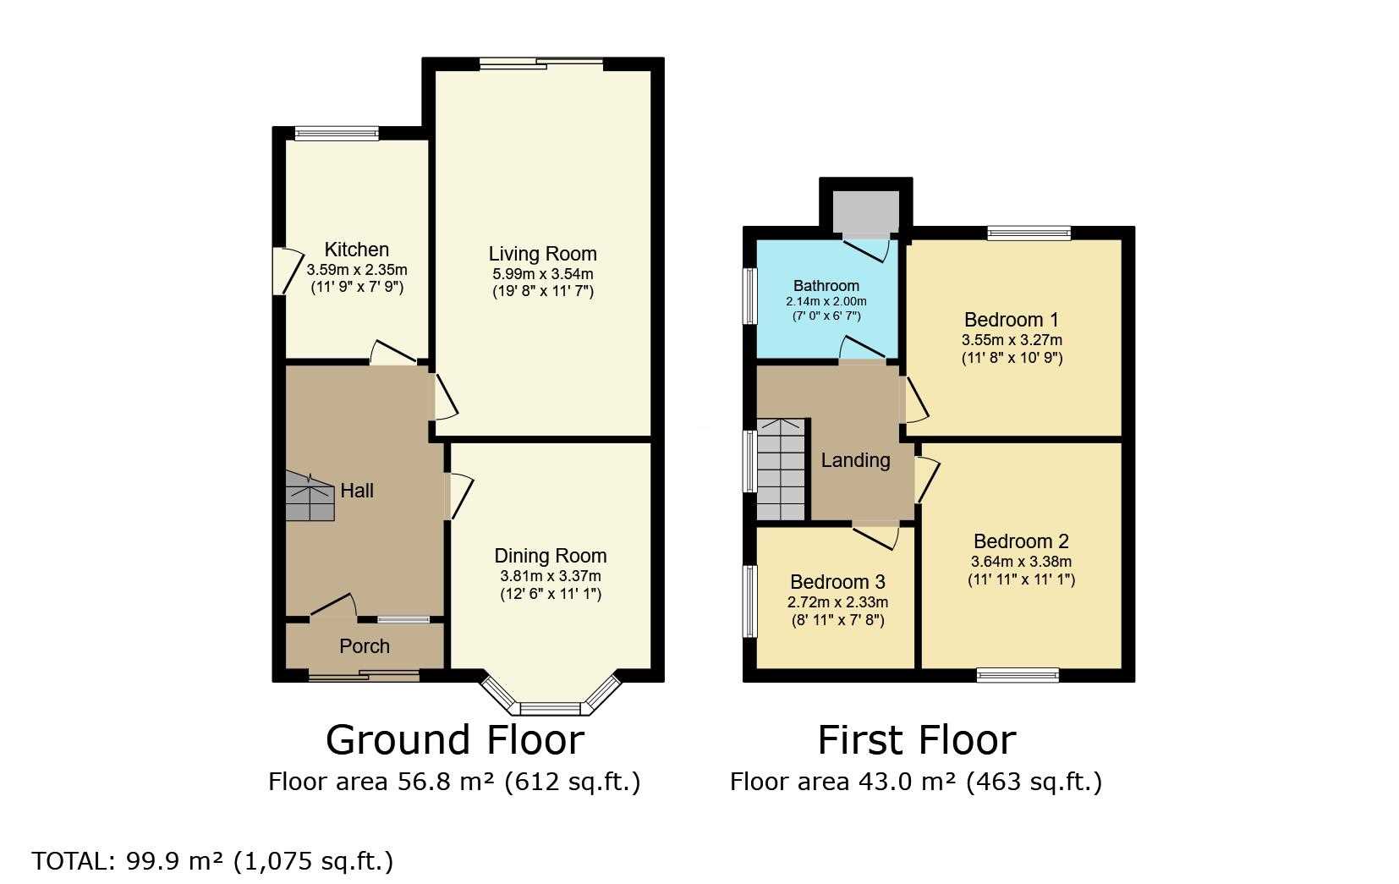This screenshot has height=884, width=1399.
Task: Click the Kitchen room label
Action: point(357,250)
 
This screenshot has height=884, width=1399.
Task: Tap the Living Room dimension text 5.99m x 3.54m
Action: point(543,273)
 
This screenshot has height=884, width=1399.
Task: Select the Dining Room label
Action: point(551,556)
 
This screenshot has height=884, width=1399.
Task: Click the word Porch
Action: point(364,646)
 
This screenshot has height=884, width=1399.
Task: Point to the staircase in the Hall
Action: point(310,497)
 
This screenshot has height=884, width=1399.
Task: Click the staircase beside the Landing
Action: point(781,469)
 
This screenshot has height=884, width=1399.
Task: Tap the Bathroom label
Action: point(826,286)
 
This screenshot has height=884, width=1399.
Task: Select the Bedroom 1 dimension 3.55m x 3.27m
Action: point(1012,340)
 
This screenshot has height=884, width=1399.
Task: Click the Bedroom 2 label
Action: point(1021,541)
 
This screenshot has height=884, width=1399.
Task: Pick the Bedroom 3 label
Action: point(837,582)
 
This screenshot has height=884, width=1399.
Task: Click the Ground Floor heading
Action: point(455,740)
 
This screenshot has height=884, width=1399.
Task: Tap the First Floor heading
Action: point(917,740)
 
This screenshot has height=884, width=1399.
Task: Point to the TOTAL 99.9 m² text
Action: point(213,861)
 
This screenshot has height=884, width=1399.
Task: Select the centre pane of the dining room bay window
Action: point(551,709)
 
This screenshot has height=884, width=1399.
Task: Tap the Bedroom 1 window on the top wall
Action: point(1029,233)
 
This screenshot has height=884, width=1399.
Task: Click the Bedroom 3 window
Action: point(749,601)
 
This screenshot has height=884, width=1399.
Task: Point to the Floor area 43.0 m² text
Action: point(916,782)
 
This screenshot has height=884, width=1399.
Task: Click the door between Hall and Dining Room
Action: point(459,496)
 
